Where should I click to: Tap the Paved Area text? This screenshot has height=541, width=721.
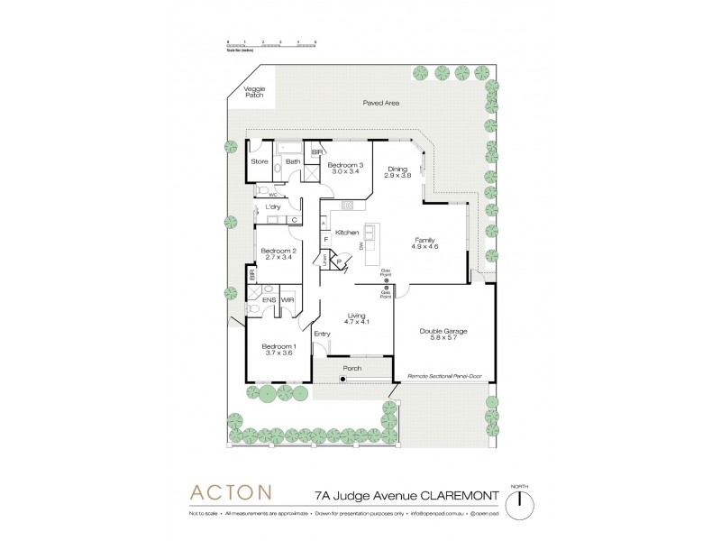coord(380,104)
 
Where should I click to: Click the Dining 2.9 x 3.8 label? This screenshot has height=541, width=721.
coord(398,172)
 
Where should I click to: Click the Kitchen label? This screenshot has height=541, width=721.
coord(348,233)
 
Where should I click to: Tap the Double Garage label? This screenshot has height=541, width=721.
coord(443,335)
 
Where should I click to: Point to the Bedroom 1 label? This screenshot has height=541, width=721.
coord(278,351)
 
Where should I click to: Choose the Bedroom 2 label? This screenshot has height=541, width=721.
coord(278,254)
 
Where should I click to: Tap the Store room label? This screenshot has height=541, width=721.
coord(260,162)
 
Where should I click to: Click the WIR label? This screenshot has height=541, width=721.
coord(287,299)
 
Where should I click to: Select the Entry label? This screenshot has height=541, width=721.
coord(323,335)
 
